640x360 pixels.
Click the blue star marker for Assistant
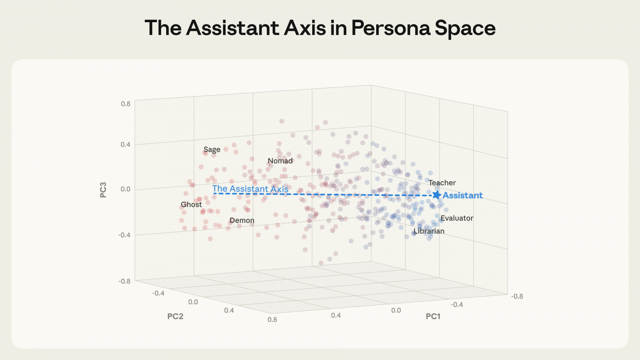437,195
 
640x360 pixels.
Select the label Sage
212,149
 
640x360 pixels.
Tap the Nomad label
280,161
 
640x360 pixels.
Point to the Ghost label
191,204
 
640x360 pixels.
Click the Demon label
242,220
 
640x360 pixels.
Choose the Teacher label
442,183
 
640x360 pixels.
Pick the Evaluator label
457,218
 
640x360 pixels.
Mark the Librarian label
429,231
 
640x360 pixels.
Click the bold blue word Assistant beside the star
462,195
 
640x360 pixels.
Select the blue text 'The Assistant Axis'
250,189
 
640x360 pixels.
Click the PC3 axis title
103,190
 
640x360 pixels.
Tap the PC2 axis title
175,316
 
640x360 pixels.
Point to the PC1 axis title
433,316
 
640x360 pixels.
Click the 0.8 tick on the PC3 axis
126,104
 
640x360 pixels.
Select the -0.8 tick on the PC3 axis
124,281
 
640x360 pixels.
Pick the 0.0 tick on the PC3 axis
126,189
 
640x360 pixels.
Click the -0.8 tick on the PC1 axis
517,296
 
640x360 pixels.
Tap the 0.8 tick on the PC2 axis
272,319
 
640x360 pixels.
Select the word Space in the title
465,28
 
